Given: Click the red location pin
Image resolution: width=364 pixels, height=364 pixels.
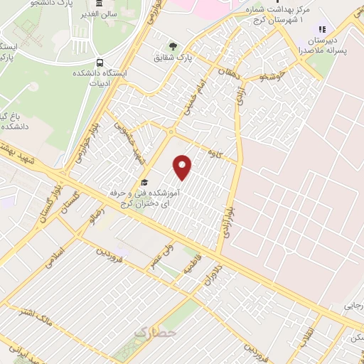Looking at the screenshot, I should [183, 167].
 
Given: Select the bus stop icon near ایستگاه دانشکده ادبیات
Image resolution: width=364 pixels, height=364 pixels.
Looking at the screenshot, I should [100, 62].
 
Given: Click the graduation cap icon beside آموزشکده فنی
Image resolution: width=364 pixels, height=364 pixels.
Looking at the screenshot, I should [145, 183].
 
